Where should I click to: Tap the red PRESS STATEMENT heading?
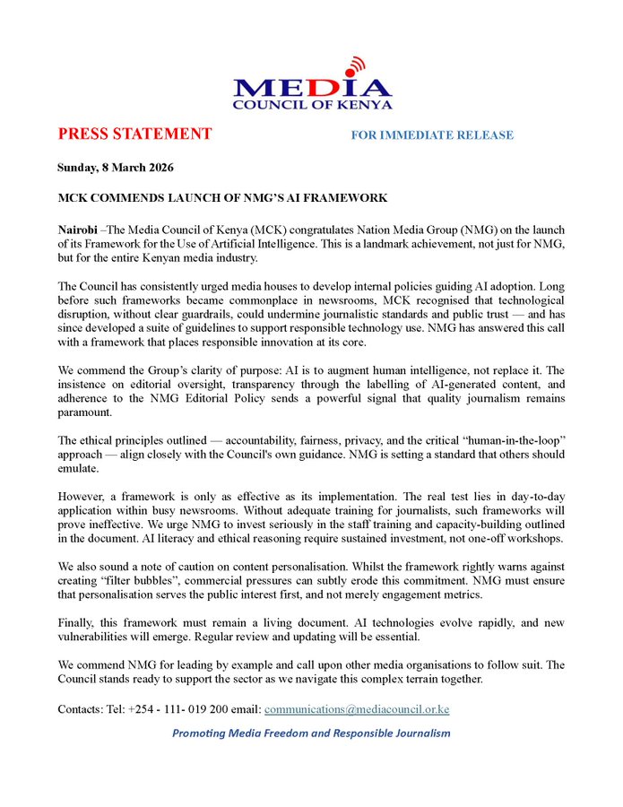134,134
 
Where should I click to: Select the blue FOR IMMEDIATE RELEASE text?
432,135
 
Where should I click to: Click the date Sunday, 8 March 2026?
115,168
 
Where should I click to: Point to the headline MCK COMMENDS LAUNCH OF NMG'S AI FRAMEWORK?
222,197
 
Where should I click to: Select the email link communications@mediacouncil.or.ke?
357,709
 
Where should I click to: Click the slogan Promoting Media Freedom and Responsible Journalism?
311,733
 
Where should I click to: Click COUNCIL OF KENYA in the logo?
312,104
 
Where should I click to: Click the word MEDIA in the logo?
312,86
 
